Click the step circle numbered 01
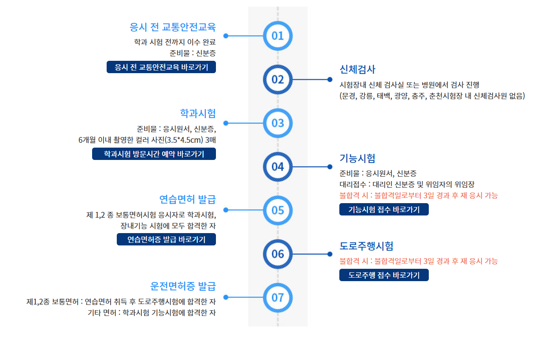pos(278,36)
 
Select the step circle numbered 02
pos(278,80)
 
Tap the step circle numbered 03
pos(278,123)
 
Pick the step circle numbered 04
pos(278,167)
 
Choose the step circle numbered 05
pos(278,210)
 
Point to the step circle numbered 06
pos(278,254)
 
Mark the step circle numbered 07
pos(278,297)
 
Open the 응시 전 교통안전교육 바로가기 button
pos(161,67)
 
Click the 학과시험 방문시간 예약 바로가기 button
pos(154,154)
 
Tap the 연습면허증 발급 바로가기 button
pos(166,239)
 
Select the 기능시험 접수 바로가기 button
pos(384,210)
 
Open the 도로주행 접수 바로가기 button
pos(384,275)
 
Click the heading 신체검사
pos(357,70)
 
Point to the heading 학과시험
pos(198,113)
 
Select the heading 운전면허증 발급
pos(183,286)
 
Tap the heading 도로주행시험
pos(366,246)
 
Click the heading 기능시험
pos(357,158)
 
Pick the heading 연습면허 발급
pos(187,199)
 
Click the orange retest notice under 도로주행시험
pos(419,261)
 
